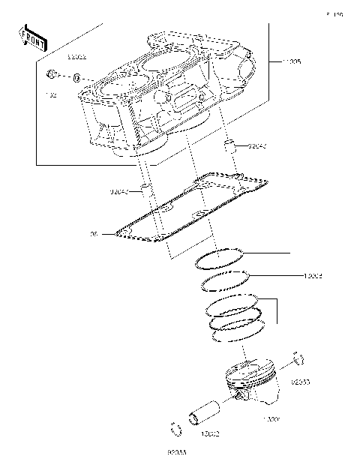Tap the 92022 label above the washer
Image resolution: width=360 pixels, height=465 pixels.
77,57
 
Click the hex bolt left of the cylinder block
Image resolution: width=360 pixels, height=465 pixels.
52,75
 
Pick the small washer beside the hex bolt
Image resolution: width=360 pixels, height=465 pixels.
78,76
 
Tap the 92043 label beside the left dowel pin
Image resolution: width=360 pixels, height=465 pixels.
121,192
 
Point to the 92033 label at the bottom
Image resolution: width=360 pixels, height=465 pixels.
176,453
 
